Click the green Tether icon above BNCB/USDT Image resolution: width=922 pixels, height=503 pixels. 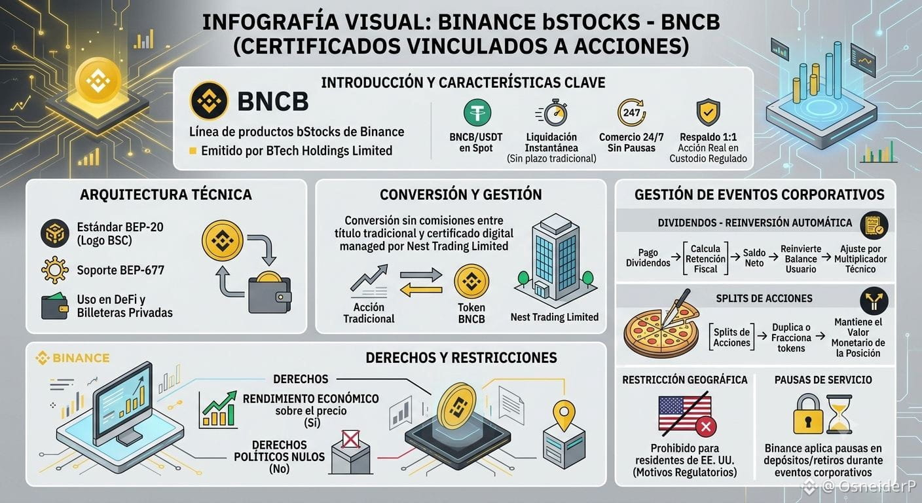pos(477,113)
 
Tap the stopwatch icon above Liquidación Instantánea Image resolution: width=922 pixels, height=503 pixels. pos(553,113)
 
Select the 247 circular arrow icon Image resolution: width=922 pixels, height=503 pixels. pos(632,112)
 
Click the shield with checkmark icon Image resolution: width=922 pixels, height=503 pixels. pos(708,112)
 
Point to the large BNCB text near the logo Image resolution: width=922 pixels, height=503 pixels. pos(273,102)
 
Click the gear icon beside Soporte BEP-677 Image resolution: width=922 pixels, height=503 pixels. pos(55,270)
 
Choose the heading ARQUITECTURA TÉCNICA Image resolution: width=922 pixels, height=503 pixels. pos(166,195)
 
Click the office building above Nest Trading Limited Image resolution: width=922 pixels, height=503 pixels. pos(555,258)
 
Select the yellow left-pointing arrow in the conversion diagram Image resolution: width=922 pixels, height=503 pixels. pos(421,289)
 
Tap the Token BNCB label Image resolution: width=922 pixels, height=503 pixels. pos(471,313)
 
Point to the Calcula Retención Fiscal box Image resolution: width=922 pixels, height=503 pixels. pos(705,259)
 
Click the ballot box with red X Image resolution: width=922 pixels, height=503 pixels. pos(351,452)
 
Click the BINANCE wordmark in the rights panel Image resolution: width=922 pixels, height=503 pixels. pos(73,358)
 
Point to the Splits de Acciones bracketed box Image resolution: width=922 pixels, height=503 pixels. pos(731,337)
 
